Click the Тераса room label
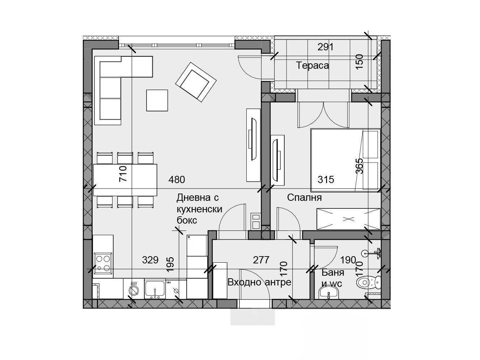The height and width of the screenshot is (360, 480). click(312, 65)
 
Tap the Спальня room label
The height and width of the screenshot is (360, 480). click(304, 198)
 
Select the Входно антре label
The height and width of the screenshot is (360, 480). click(259, 282)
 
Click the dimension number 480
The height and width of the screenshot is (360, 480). click(177, 179)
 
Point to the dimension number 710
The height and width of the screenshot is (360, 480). click(123, 173)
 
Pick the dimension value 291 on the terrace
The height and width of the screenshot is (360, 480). click(325, 47)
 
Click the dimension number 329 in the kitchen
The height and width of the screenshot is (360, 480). click(150, 260)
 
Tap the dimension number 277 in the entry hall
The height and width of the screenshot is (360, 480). click(261, 260)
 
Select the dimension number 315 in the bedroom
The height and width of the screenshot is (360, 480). click(326, 179)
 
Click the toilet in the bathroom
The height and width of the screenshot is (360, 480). click(369, 282)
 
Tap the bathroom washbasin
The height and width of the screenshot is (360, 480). click(329, 292)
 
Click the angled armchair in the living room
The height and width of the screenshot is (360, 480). click(196, 82)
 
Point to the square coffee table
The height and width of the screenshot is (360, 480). click(157, 100)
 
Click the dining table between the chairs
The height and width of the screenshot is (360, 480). click(125, 180)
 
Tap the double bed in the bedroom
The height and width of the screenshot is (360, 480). click(345, 160)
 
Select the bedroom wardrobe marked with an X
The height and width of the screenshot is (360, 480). click(348, 219)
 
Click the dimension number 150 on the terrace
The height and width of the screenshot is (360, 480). click(359, 62)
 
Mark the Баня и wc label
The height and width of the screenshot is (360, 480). click(332, 278)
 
